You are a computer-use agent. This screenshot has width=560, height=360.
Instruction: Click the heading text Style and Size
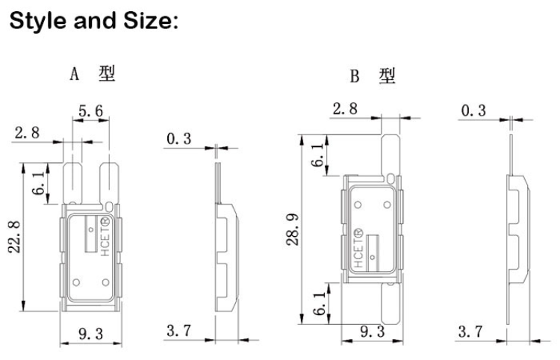click(93, 22)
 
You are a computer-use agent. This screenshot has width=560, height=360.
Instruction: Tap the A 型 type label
click(93, 75)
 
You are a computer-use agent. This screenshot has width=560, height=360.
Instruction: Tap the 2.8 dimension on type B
click(344, 108)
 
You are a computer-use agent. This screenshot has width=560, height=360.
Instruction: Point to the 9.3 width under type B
click(367, 331)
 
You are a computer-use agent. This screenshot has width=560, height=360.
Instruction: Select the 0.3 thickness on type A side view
click(178, 138)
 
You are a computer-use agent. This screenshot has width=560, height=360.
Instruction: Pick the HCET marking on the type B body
click(358, 251)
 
